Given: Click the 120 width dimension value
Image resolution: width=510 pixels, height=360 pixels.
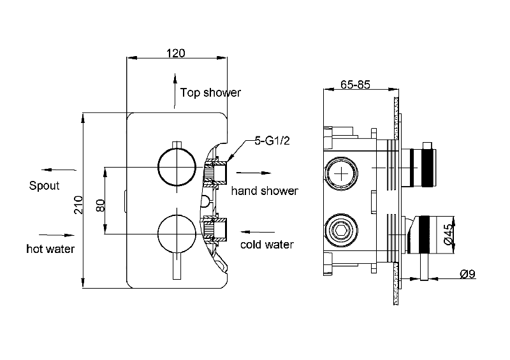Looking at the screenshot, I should [177, 53].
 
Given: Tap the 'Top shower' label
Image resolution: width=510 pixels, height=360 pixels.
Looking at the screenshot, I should [210, 93].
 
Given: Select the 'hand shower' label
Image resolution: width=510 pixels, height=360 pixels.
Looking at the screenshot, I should [264, 191].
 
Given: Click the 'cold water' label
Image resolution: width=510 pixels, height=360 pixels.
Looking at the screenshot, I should [266, 245].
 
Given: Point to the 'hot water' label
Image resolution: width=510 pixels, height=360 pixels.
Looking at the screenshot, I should [50, 248].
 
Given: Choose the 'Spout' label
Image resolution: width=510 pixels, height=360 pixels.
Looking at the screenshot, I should [44, 186].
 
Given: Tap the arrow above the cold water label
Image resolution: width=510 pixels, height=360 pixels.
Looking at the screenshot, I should [258, 232].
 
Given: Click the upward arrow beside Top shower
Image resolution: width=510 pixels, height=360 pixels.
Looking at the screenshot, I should [175, 89].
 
